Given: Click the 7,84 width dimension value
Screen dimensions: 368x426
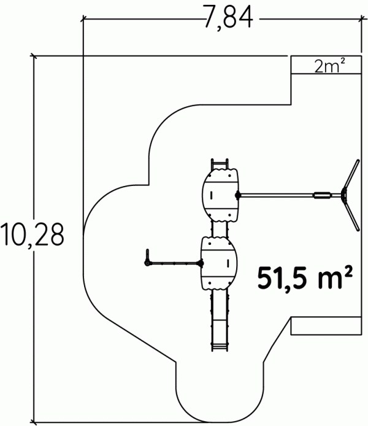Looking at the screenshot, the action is click(x=229, y=18).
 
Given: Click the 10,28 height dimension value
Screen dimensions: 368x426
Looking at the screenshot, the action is click(x=33, y=235).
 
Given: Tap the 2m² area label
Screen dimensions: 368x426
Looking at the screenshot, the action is click(x=330, y=66).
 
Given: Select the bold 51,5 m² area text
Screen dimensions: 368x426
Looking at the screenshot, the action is click(x=305, y=277).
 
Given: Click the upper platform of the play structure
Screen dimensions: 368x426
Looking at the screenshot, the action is click(x=220, y=195).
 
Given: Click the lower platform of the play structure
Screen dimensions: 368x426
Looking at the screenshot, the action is click(x=219, y=263).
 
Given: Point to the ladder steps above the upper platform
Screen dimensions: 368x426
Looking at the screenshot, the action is click(x=220, y=164).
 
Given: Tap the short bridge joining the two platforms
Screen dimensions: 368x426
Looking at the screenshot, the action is click(x=220, y=229).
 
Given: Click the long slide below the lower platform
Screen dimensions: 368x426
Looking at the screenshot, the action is click(x=220, y=320).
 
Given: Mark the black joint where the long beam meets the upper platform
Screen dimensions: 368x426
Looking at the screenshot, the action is click(x=238, y=195).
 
